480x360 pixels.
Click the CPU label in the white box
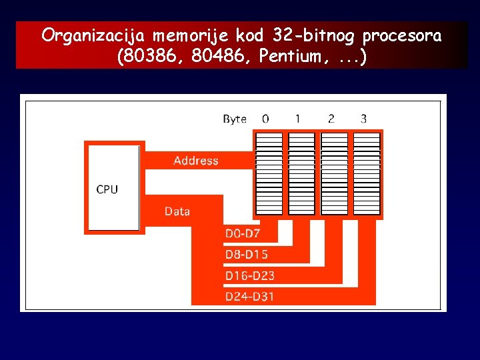pyautogui.click(x=107, y=189)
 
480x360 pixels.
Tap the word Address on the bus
pyautogui.click(x=195, y=161)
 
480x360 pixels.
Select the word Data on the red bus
pyautogui.click(x=177, y=211)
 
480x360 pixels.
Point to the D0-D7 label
pyautogui.click(x=243, y=233)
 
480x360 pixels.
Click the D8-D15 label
pyautogui.click(x=246, y=254)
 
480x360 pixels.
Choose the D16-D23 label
pyautogui.click(x=249, y=275)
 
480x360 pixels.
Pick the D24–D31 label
pyautogui.click(x=249, y=296)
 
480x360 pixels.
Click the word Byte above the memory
pyautogui.click(x=235, y=119)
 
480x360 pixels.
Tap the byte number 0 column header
pyautogui.click(x=266, y=119)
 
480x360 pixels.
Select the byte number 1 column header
pyautogui.click(x=298, y=119)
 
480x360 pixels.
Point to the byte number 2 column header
pyautogui.click(x=331, y=119)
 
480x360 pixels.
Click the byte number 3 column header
pyautogui.click(x=363, y=119)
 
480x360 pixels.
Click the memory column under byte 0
pyautogui.click(x=269, y=173)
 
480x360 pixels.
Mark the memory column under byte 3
pyautogui.click(x=367, y=173)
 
